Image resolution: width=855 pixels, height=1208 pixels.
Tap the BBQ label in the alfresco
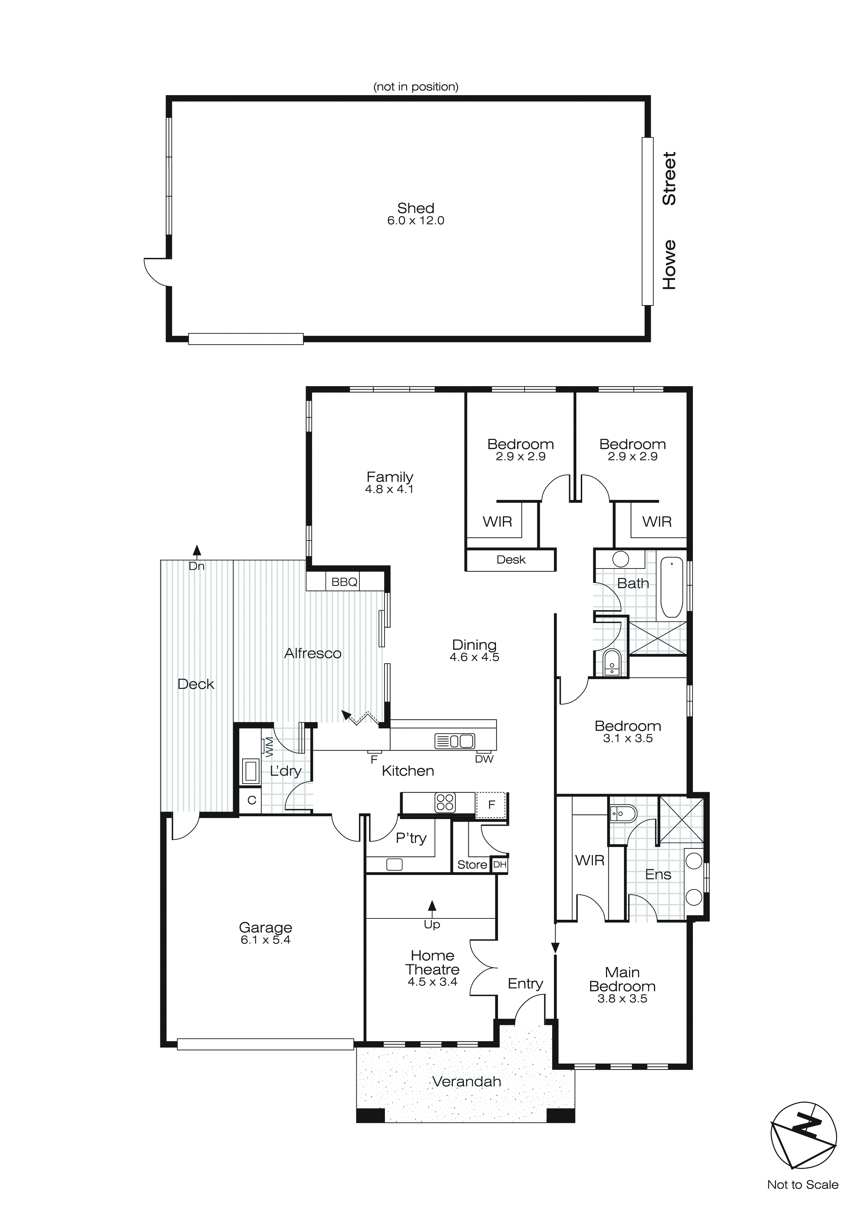click(x=344, y=582)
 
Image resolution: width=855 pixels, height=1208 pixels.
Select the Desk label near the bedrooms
click(x=511, y=560)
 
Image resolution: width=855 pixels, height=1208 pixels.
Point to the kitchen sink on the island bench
click(x=454, y=741)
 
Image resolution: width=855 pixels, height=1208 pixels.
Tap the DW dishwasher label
click(x=484, y=759)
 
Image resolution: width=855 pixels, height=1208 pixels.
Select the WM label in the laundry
click(x=269, y=747)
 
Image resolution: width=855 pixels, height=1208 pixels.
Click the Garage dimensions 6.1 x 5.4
click(x=265, y=940)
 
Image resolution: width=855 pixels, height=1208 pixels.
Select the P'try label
click(x=411, y=838)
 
